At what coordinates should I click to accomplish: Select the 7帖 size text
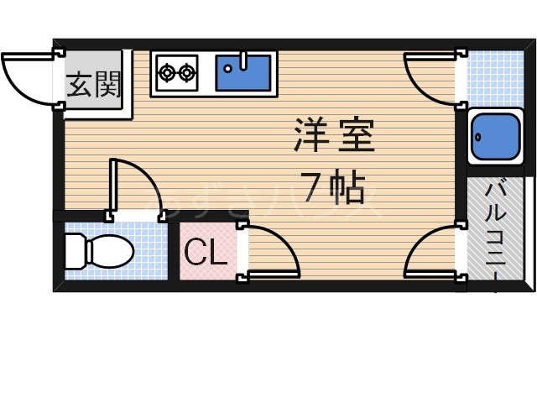pyautogui.click(x=333, y=191)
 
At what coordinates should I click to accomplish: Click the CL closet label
pyautogui.click(x=206, y=253)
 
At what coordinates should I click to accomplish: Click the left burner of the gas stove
pyautogui.click(x=166, y=73)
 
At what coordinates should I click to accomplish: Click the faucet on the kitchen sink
pyautogui.click(x=243, y=60)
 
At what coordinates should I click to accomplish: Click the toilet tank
pyautogui.click(x=73, y=250)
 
